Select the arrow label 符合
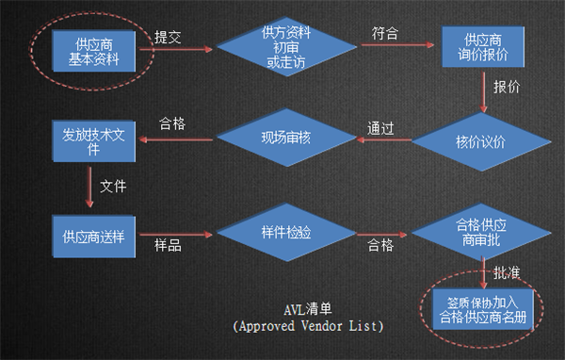point(385,33)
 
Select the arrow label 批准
point(508,271)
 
